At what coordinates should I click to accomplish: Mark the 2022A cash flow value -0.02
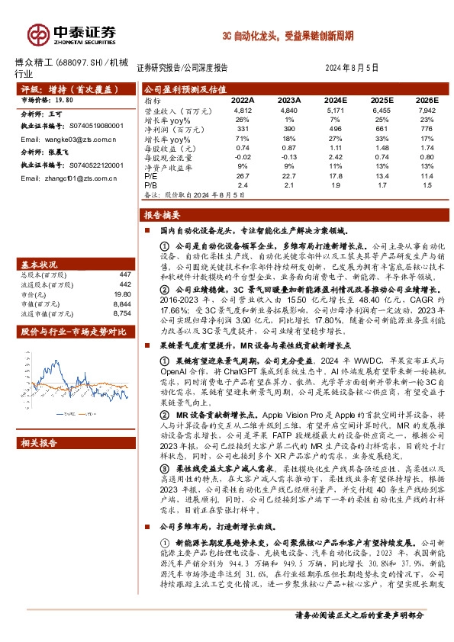[243, 158]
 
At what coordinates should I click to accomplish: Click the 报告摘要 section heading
[162, 214]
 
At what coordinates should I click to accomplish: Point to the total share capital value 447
[124, 274]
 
